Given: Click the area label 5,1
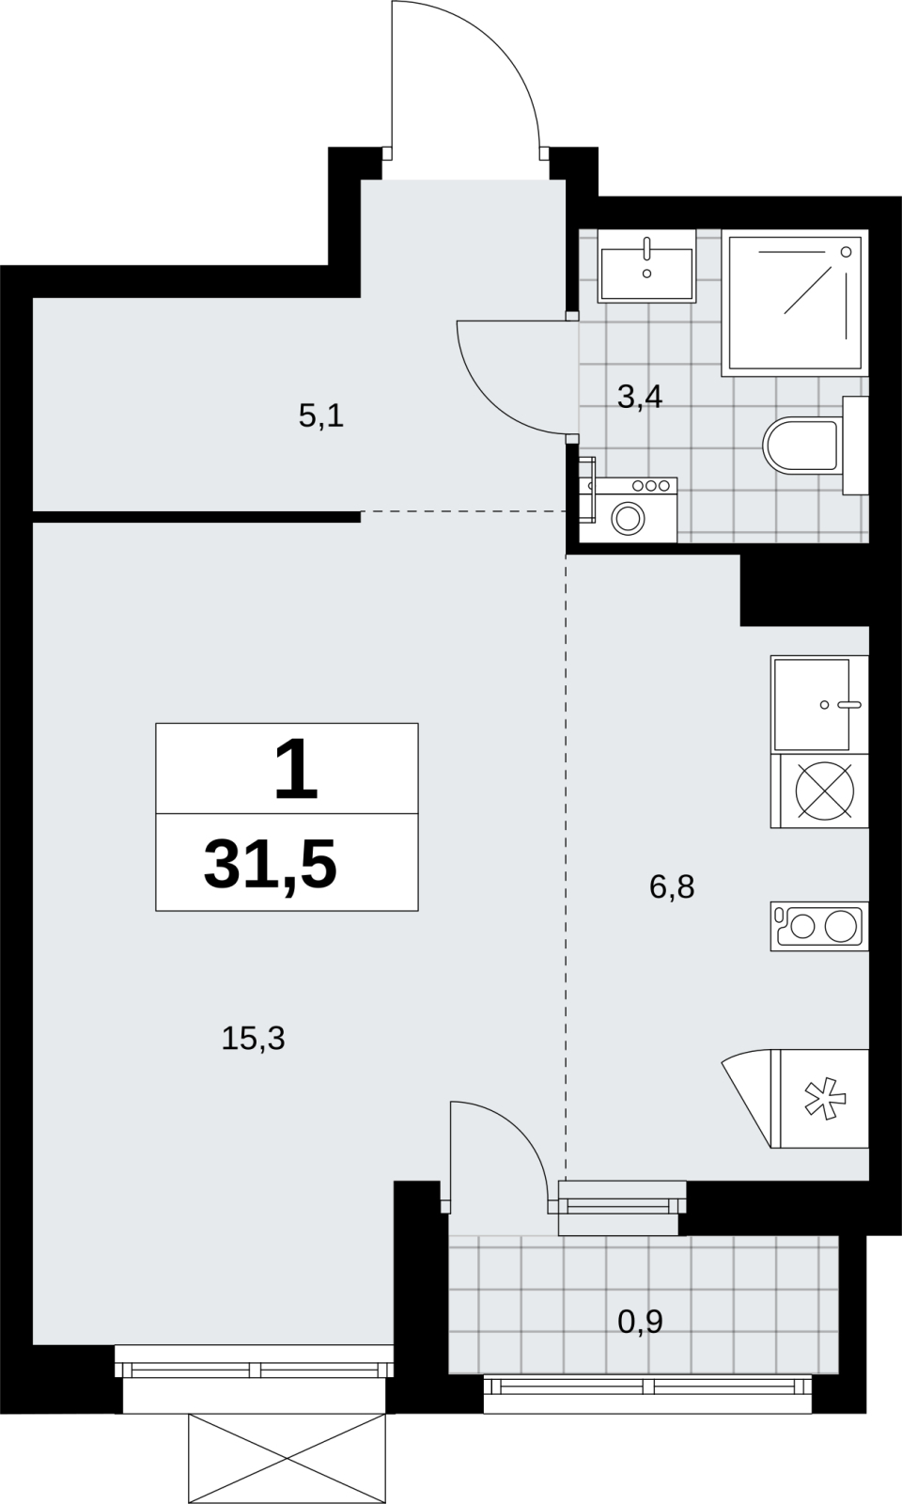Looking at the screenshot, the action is coord(320,417).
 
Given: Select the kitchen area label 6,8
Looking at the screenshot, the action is coord(672,887).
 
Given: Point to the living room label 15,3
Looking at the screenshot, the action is coord(253,1039).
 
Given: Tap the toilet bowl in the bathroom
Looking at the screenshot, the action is coord(801,445).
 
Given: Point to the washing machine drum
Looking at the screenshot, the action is coord(629,518).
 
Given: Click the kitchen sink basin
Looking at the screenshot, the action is coord(812,704).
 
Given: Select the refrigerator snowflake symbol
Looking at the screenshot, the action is coord(825,1099).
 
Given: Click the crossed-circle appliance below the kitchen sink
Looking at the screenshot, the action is coord(825,791).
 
